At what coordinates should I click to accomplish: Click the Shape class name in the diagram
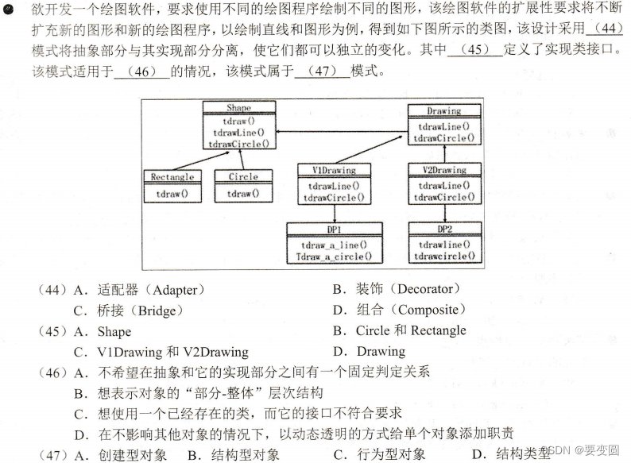238,108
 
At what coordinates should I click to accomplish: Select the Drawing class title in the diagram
443,111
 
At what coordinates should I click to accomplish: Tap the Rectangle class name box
172,176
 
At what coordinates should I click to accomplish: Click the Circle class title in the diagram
243,176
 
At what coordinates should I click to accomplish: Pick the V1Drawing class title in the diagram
334,170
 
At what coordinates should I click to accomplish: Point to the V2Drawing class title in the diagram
443,170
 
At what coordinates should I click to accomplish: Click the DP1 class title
334,229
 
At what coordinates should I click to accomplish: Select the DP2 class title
443,229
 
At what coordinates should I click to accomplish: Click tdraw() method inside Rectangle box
172,193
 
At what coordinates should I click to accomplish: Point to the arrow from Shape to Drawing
342,131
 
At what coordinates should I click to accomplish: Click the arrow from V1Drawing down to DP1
334,213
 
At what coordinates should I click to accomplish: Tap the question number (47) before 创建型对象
53,454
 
